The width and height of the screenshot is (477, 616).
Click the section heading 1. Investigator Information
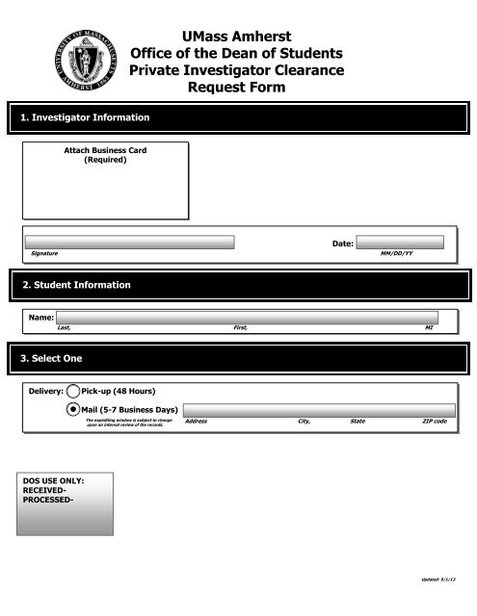pyautogui.click(x=86, y=117)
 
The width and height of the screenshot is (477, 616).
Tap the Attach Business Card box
pyautogui.click(x=105, y=181)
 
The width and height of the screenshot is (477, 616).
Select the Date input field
pyautogui.click(x=399, y=243)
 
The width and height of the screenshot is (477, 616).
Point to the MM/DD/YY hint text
pyautogui.click(x=398, y=253)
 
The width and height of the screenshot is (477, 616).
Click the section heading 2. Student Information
pyautogui.click(x=76, y=285)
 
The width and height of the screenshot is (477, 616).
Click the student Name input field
pyautogui.click(x=247, y=317)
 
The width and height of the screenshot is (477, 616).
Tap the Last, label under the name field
pyautogui.click(x=64, y=327)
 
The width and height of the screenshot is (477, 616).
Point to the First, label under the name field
pyautogui.click(x=241, y=327)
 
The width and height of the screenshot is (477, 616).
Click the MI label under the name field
pyautogui.click(x=429, y=327)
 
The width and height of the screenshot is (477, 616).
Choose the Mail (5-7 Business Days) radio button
pyautogui.click(x=73, y=410)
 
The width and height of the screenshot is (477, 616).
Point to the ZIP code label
pyautogui.click(x=435, y=422)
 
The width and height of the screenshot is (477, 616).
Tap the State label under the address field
pyautogui.click(x=358, y=422)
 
